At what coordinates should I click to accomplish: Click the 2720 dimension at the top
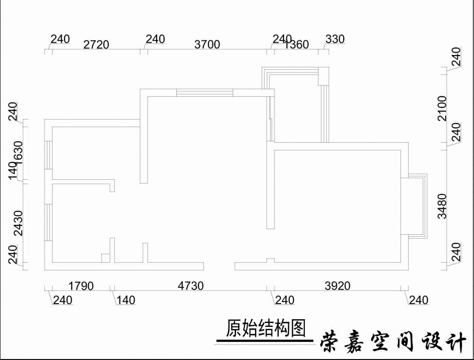coord(96,45)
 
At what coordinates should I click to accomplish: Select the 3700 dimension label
coord(207,45)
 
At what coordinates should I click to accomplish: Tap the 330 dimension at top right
coord(335,39)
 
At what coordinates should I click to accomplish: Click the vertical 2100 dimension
coord(442,108)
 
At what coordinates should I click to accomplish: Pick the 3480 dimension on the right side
coord(442,206)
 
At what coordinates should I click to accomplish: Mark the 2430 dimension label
coord(17,223)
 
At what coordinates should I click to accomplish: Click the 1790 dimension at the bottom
coord(81,286)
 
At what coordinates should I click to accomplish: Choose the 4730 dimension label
coord(191,286)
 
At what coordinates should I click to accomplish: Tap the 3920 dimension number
coord(337,286)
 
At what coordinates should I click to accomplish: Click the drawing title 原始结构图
coord(265,328)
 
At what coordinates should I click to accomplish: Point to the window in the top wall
coord(204,92)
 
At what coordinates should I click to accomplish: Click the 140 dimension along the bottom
coord(125,300)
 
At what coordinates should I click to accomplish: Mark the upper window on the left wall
coord(48,155)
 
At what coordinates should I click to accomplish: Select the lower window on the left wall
coord(48,222)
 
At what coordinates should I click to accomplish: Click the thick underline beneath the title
coord(264,341)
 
